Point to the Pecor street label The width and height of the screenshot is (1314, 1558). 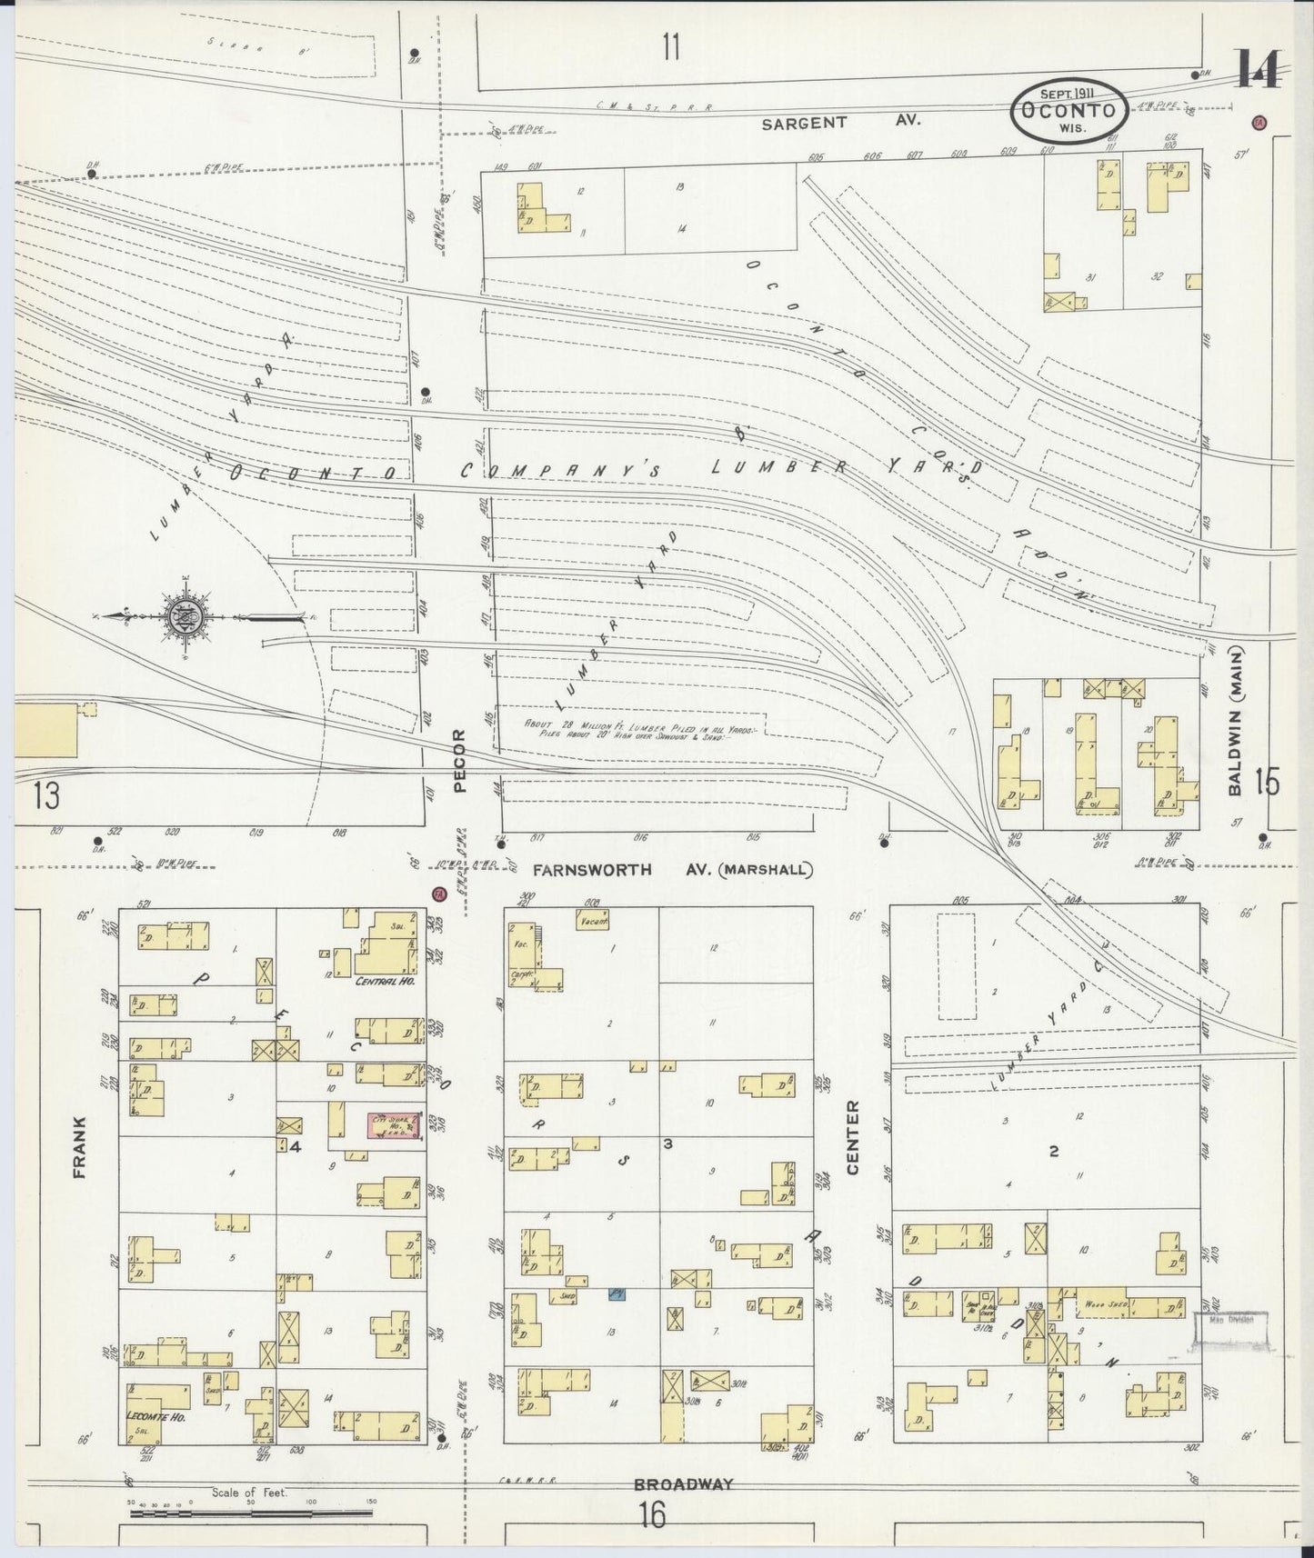[x=459, y=761]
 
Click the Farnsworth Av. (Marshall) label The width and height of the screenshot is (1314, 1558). [x=672, y=870]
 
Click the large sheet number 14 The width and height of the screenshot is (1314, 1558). [x=1259, y=69]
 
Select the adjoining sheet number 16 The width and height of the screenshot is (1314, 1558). [x=651, y=1515]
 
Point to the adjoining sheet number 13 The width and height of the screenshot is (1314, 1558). [x=45, y=796]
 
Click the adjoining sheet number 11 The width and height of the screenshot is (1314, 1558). [x=670, y=46]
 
